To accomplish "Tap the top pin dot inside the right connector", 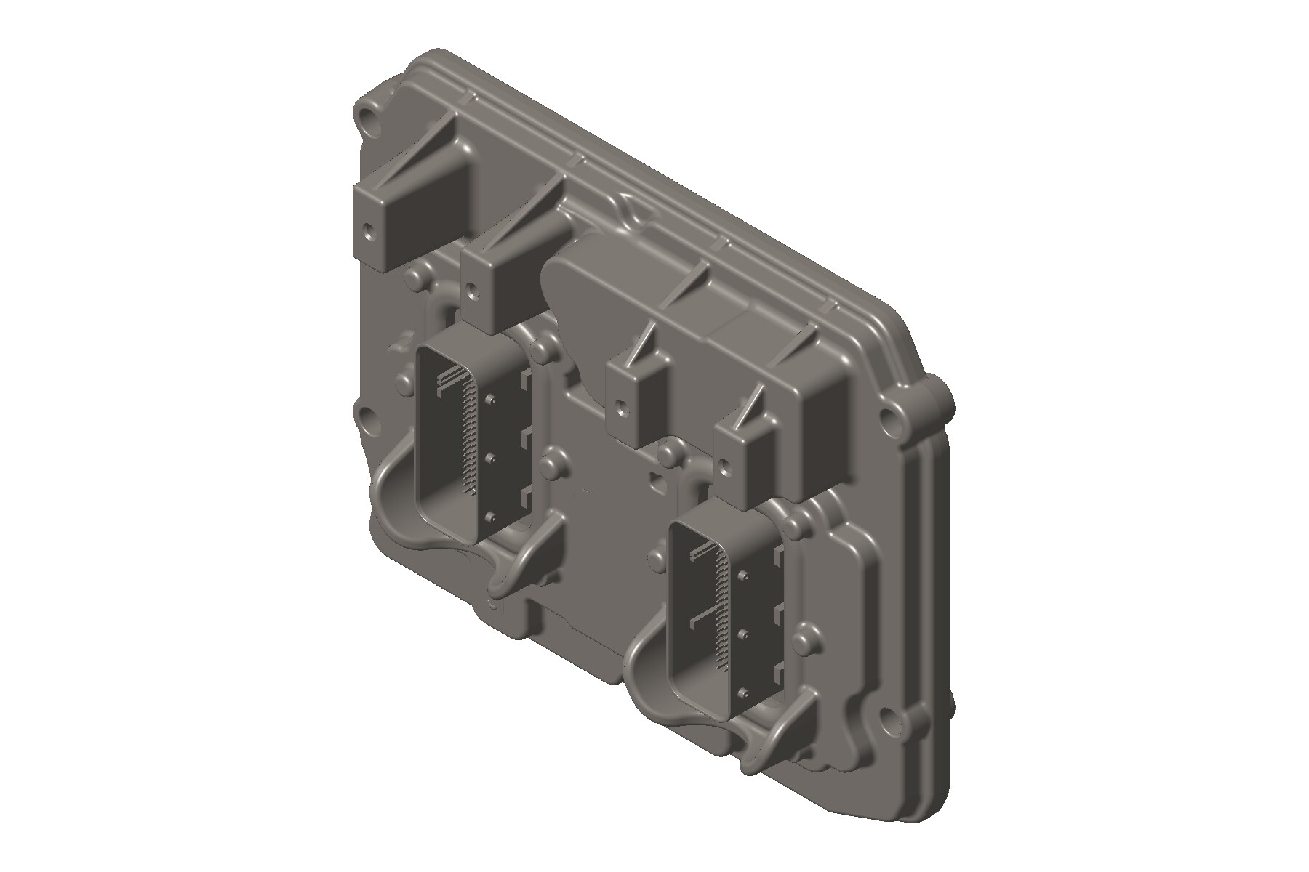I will point(743,576).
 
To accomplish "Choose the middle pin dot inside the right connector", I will point(743,634).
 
